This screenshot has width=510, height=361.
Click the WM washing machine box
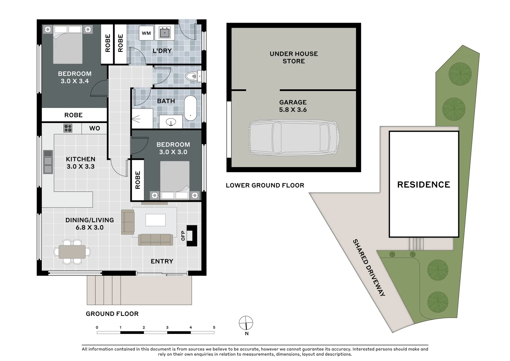(x=146, y=33)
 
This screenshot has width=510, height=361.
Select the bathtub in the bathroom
(x=191, y=108)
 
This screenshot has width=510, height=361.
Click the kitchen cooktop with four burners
(x=68, y=128)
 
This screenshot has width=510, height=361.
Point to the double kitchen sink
(x=48, y=162)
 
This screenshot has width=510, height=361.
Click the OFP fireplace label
(x=183, y=235)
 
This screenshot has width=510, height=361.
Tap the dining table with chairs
(x=72, y=252)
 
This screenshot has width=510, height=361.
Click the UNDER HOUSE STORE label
(x=294, y=57)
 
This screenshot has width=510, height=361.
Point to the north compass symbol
(x=246, y=323)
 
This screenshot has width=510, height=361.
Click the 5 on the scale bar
(x=214, y=327)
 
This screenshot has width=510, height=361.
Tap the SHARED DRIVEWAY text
(x=369, y=267)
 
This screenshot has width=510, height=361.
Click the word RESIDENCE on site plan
(x=423, y=185)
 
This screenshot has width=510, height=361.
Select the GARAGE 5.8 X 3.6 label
(x=293, y=106)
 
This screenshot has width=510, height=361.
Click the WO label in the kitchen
(x=95, y=128)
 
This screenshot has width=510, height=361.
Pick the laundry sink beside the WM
(x=165, y=33)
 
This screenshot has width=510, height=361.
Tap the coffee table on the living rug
(x=155, y=220)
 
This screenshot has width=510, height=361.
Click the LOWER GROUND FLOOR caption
(x=265, y=185)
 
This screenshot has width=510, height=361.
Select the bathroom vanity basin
(x=171, y=122)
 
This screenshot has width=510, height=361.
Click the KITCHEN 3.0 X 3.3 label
(x=80, y=163)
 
